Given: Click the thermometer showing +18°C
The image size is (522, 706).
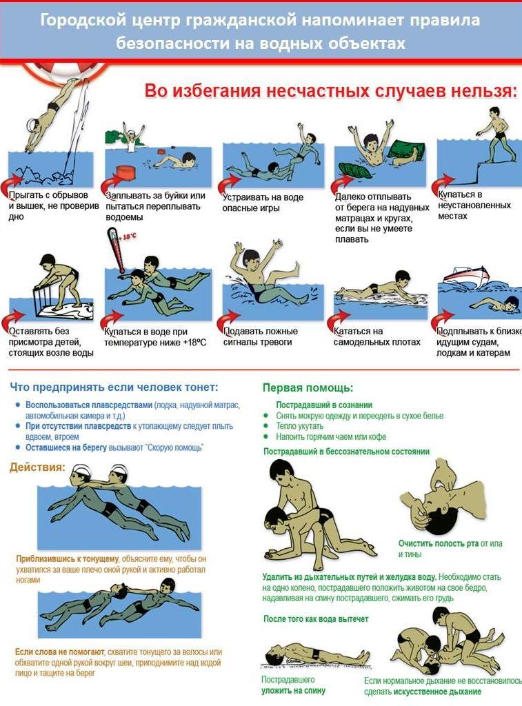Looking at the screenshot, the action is (115, 250).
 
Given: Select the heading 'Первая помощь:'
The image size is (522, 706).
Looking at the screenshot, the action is (308, 387).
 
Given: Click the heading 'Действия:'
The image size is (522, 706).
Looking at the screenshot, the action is (37, 467).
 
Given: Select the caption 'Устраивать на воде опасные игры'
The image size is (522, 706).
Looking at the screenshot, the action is (263, 203).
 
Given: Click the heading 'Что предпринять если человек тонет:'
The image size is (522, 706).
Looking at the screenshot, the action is (114, 387).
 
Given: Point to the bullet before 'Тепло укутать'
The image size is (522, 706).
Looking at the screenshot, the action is (265, 426).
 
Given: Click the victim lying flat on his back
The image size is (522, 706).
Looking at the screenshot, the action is (315, 655).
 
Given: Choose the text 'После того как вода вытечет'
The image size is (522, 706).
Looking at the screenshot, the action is (316, 618).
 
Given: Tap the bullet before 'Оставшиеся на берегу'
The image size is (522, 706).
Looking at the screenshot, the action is (17, 447).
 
